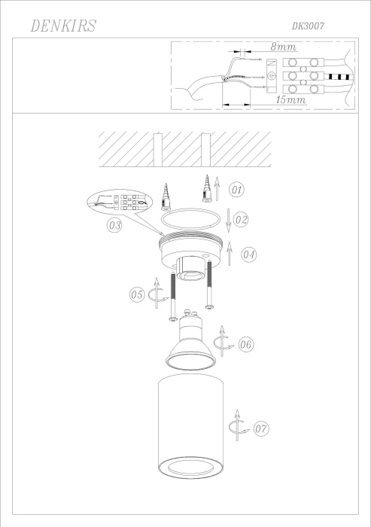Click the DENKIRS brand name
(x=63, y=27)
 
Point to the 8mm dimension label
(x=283, y=47)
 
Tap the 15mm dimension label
(x=290, y=99)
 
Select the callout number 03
(x=115, y=225)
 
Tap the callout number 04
(x=249, y=255)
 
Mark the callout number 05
(x=136, y=294)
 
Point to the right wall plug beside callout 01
(x=205, y=187)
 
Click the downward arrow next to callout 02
(x=229, y=218)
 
